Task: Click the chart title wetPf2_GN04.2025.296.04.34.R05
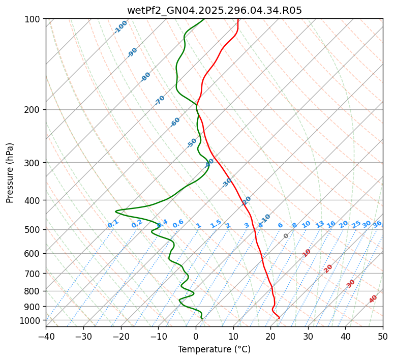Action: tap(214, 11)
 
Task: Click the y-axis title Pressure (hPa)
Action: tap(10, 173)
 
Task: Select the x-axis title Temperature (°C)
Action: tap(214, 349)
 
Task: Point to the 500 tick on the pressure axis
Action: tap(33, 229)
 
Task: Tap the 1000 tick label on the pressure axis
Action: tap(31, 320)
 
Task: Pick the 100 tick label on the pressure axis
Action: tap(33, 19)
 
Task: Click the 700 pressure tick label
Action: tap(33, 274)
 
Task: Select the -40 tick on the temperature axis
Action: tap(46, 337)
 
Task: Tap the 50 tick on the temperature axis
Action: tap(383, 337)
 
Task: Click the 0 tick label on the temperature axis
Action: tap(196, 337)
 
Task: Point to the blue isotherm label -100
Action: tap(120, 26)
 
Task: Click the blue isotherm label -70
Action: tap(160, 100)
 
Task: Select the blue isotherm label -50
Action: tap(192, 143)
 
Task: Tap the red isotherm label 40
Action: tap(373, 299)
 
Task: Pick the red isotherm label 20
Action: tap(328, 268)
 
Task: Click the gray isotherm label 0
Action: tap(286, 236)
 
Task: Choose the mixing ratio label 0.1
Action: tap(113, 223)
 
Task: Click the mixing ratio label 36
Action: tap(377, 224)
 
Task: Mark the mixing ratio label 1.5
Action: tap(216, 223)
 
